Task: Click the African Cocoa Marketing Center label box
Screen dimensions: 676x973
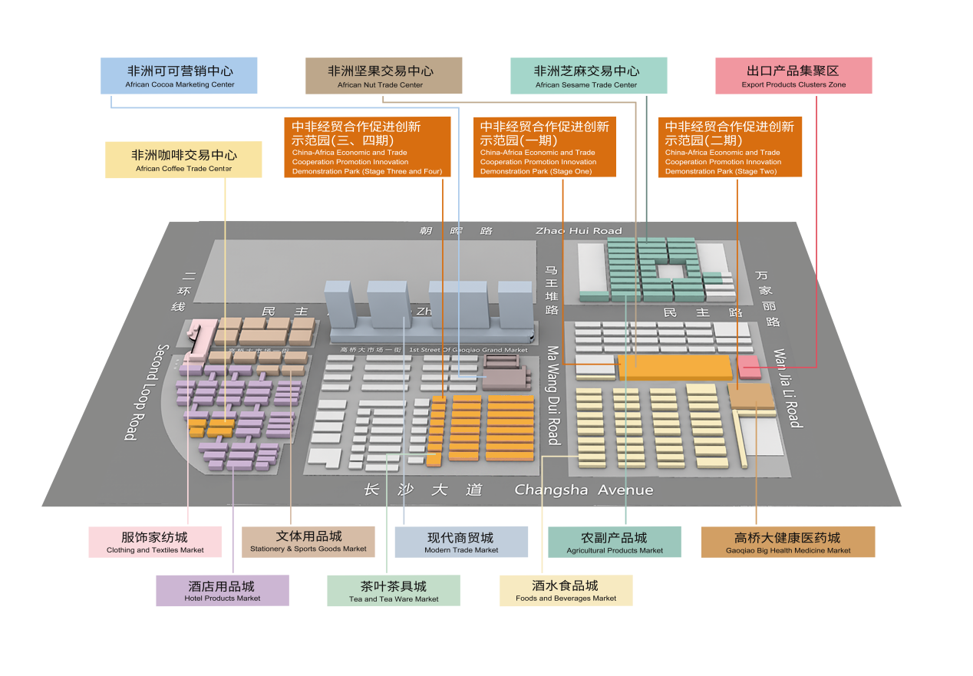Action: (179, 75)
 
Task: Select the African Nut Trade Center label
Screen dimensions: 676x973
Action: (384, 75)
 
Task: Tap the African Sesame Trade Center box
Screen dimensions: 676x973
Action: (589, 75)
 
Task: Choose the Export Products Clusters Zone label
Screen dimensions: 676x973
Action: (793, 75)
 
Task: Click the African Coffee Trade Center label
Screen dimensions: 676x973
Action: (183, 160)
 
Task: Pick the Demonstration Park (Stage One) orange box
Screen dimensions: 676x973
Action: (545, 147)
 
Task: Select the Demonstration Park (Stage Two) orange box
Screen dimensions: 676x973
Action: (730, 147)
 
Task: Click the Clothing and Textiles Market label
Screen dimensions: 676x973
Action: (155, 542)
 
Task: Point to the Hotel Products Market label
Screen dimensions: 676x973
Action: (223, 591)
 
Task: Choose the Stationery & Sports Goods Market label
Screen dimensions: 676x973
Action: (308, 541)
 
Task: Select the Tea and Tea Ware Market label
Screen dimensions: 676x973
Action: (394, 591)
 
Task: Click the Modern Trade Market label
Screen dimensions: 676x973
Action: (461, 542)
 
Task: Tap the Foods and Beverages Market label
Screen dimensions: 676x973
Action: (566, 591)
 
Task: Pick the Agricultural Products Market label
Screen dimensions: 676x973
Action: (615, 542)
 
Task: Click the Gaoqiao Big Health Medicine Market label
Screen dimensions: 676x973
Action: (788, 542)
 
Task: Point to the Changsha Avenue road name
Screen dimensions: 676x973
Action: (584, 490)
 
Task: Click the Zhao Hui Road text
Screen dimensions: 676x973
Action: (579, 230)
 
